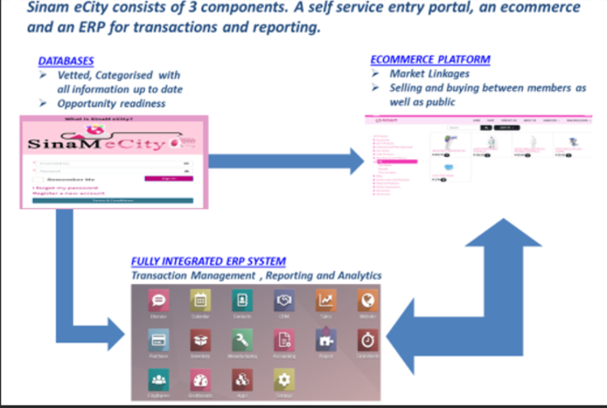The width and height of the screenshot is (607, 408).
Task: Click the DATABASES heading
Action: [x=65, y=61]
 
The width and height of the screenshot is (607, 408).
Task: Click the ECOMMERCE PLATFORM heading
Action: [x=429, y=59]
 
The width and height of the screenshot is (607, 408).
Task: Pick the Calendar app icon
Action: [x=200, y=300]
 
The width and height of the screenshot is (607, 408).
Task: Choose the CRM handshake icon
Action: [x=283, y=300]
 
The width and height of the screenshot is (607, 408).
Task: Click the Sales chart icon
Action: [x=325, y=300]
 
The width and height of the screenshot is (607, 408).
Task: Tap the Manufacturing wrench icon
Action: [x=241, y=339]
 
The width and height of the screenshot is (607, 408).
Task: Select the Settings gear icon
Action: [x=283, y=379]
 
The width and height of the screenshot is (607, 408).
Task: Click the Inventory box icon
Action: [x=200, y=339]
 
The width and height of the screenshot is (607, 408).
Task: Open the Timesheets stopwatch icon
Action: [x=368, y=339]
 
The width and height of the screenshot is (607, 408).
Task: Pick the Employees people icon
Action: [x=158, y=379]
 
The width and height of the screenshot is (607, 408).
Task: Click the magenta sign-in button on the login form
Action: [x=168, y=178]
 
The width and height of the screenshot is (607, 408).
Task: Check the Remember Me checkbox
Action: [x=37, y=178]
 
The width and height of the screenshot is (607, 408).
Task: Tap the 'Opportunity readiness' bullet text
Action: [x=112, y=103]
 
